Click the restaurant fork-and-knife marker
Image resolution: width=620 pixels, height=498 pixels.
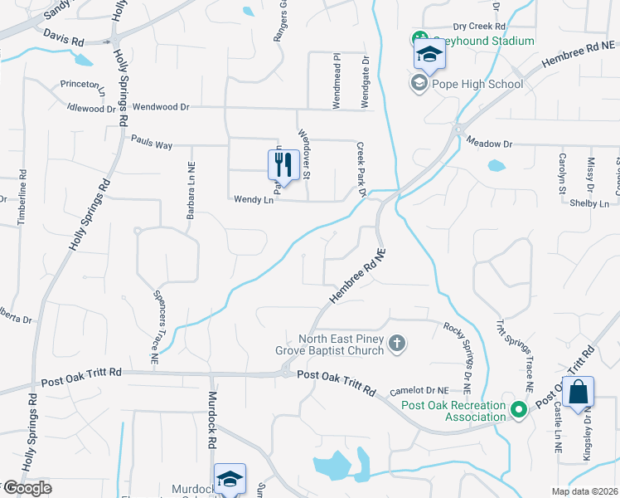tap(283, 165)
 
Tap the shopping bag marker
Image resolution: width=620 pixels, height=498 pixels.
tap(578, 391)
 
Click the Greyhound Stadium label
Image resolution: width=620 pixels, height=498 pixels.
tap(482, 40)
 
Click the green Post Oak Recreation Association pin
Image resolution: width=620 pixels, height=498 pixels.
tap(519, 409)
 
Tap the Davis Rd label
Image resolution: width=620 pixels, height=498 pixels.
tap(65, 39)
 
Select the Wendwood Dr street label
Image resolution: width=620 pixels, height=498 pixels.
tap(162, 107)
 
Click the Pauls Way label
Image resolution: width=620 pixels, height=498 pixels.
tap(151, 145)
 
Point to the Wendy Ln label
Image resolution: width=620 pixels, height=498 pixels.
tap(254, 199)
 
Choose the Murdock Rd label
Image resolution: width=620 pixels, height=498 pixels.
tap(212, 420)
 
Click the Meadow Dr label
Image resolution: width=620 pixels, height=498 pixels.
tap(489, 143)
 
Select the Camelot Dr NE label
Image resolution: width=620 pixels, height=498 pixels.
tap(419, 389)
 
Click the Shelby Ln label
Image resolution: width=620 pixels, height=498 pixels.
tap(593, 204)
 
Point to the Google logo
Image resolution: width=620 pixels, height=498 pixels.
tap(27, 488)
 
